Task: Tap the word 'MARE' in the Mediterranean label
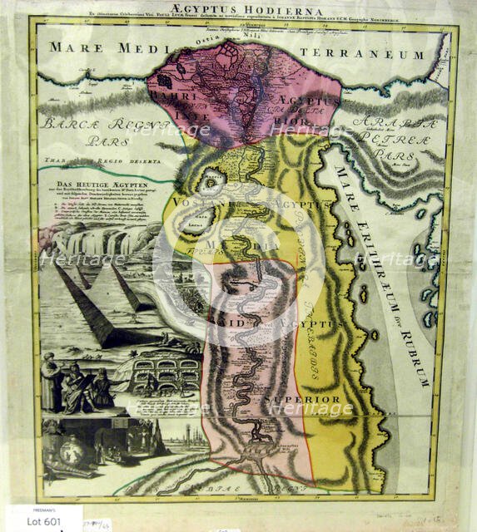click(67, 47)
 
